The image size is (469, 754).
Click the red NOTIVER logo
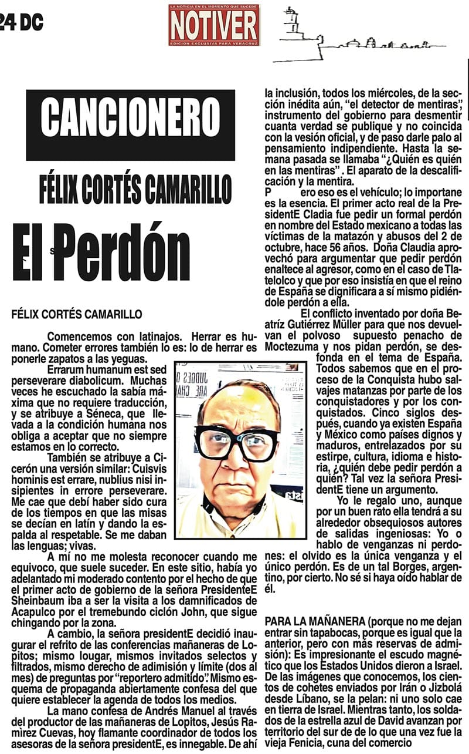tap(213, 25)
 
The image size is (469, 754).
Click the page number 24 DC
tap(21, 22)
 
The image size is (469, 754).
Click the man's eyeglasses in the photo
tap(237, 442)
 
